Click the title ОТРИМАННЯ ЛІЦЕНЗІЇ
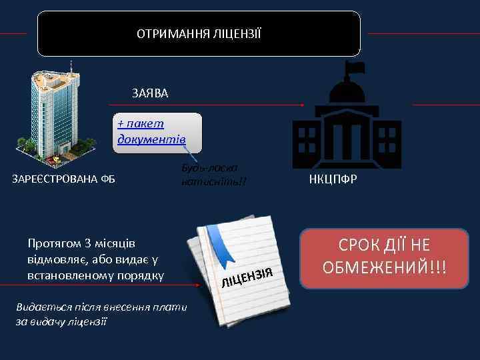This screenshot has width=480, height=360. (199, 33)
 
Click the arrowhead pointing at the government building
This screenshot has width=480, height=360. (303, 105)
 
